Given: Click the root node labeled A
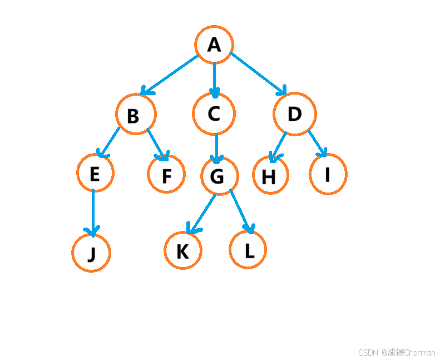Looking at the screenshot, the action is point(214,45).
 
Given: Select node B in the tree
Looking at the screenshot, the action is point(136,115).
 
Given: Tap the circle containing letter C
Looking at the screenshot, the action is point(214,114).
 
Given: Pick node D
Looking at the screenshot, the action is point(295,114).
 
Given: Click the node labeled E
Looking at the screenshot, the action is point(95,173).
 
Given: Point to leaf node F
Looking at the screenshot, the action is point(166,175).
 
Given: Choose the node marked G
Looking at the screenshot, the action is point(219,176).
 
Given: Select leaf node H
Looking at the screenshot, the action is point(270,176).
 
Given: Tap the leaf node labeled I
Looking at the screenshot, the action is point(328,175).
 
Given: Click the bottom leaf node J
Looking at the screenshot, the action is point(91,253).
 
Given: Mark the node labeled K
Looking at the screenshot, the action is point(182,251).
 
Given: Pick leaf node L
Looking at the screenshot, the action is point(248,250).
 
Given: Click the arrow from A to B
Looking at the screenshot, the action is point(170,75).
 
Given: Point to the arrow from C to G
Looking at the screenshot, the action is point(217,146).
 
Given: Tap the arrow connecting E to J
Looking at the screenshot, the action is point(93,211).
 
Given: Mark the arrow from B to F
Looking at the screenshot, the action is point(157,144).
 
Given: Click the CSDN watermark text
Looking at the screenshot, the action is point(397,352).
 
